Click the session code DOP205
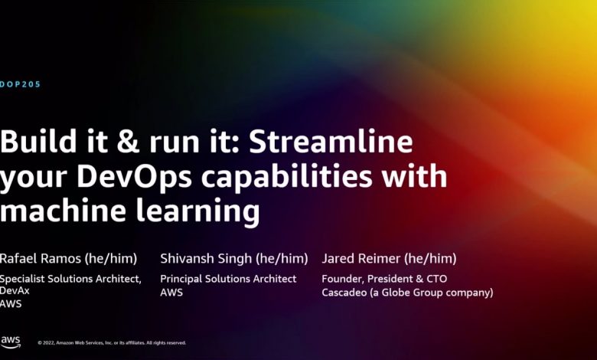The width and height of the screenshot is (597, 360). point(20,84)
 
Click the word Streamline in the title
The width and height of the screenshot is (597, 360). point(331,142)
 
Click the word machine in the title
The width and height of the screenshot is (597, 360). point(63,211)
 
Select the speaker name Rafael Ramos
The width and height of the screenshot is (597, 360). point(41,258)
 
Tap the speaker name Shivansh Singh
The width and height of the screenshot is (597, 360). point(206,258)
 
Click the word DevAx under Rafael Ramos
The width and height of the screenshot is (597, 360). point(15,290)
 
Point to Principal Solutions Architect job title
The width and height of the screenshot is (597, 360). point(228,279)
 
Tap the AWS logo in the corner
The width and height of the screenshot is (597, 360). point(11,342)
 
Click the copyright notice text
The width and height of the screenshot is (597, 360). point(112,343)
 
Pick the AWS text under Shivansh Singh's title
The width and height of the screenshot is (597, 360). point(171,293)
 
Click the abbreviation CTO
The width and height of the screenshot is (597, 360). point(437,279)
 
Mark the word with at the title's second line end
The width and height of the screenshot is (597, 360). point(415,175)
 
